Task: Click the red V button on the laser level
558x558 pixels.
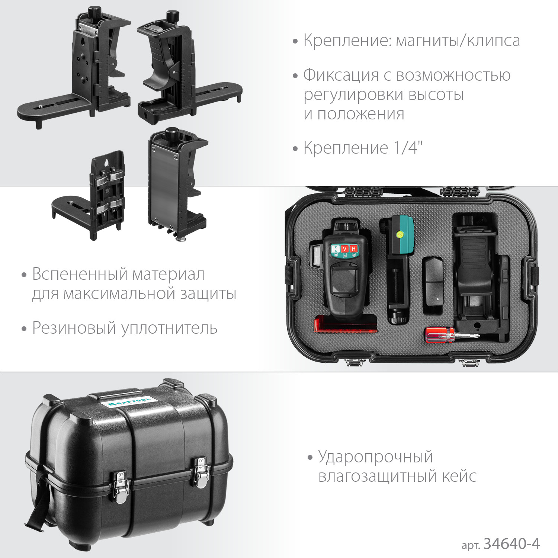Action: tap(345, 249)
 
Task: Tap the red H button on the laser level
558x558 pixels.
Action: tap(353, 249)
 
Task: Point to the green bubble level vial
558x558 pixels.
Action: tap(400, 234)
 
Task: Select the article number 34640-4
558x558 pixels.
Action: tap(511, 544)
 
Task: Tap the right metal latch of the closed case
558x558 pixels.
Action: tap(201, 472)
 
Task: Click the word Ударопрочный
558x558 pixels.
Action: tap(375, 457)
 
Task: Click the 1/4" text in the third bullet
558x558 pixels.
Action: tap(408, 148)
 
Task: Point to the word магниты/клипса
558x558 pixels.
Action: tap(458, 41)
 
